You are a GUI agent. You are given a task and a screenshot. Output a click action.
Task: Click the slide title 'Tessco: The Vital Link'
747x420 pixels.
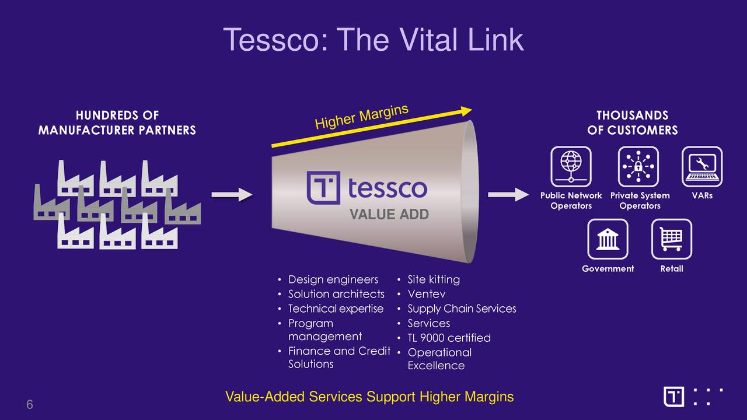373,40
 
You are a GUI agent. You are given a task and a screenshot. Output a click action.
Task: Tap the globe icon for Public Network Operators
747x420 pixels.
571,167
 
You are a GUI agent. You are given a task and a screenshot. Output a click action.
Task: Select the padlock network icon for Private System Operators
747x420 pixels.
638,167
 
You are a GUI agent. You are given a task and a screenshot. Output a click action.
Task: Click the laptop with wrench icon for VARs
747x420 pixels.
702,167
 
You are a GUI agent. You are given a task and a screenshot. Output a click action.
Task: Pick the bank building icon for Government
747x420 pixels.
608,239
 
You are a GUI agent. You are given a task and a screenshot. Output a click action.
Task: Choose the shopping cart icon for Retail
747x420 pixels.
671,239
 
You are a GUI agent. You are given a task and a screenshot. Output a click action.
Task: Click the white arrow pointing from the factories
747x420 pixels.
232,195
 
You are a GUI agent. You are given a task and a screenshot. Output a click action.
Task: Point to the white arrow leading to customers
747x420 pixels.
507,195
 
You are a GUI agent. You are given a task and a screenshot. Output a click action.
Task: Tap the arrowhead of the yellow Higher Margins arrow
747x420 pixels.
466,110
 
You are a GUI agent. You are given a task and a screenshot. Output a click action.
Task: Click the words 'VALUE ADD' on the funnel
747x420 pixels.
389,215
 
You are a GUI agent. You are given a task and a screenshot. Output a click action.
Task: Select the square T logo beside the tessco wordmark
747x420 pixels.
323,188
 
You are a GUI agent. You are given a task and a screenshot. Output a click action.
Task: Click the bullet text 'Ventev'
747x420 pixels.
426,294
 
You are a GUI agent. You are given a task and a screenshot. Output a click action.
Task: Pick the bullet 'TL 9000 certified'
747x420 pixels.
449,338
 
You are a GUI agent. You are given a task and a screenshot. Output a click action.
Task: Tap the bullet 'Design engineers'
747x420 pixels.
333,279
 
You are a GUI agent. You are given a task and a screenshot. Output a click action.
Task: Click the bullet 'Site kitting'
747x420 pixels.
434,279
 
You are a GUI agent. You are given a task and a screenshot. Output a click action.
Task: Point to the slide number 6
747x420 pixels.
29,405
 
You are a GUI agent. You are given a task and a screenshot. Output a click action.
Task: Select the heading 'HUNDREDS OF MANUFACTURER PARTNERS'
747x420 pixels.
117,123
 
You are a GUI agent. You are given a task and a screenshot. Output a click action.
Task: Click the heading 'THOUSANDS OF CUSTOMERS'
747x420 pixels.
632,123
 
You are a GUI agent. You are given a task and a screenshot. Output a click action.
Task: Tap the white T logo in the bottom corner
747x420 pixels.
674,397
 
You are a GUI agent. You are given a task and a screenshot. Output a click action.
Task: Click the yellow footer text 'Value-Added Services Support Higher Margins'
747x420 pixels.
369,397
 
